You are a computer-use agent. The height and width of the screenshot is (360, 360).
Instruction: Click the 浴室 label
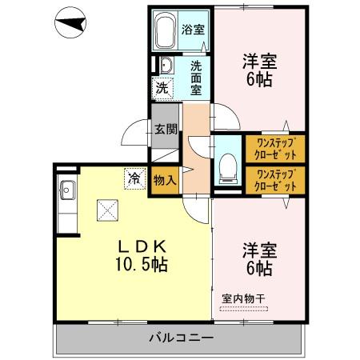(192, 31)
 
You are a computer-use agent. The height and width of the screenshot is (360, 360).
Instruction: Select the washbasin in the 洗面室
(165, 66)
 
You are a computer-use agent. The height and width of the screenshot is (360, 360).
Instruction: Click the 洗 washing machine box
(162, 88)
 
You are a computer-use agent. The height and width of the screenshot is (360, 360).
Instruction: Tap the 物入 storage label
(164, 182)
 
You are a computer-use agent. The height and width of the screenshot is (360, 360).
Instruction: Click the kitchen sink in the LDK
(66, 191)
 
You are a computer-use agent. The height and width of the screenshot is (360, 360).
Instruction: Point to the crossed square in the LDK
(107, 210)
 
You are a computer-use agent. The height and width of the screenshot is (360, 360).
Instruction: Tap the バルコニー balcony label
(181, 338)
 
